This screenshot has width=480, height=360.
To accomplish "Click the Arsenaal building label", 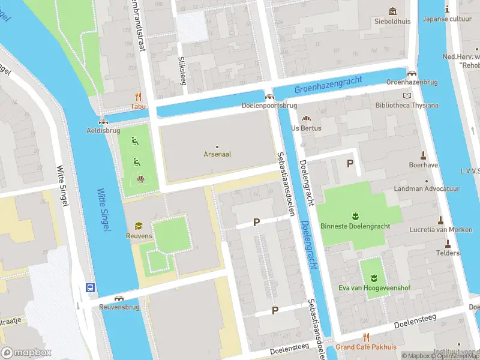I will (217, 154).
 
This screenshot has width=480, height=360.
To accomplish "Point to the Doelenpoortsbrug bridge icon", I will (269, 96).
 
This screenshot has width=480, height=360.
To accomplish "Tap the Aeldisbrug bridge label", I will (103, 130).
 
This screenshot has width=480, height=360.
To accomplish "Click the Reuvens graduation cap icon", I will (139, 226).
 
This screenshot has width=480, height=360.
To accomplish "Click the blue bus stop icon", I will (91, 287).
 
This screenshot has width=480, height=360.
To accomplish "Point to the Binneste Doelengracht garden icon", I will (355, 215).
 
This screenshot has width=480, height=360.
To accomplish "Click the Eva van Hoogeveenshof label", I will (373, 288).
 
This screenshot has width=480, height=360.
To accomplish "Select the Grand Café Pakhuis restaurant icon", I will (366, 337).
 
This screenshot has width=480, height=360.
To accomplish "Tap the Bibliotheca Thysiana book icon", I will (407, 95).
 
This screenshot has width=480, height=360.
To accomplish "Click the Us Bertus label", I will (306, 128).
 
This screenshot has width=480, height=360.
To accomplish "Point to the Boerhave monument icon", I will (423, 154).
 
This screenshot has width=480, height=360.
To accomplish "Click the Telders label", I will (448, 253).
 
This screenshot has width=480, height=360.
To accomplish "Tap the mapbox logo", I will (25, 352).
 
